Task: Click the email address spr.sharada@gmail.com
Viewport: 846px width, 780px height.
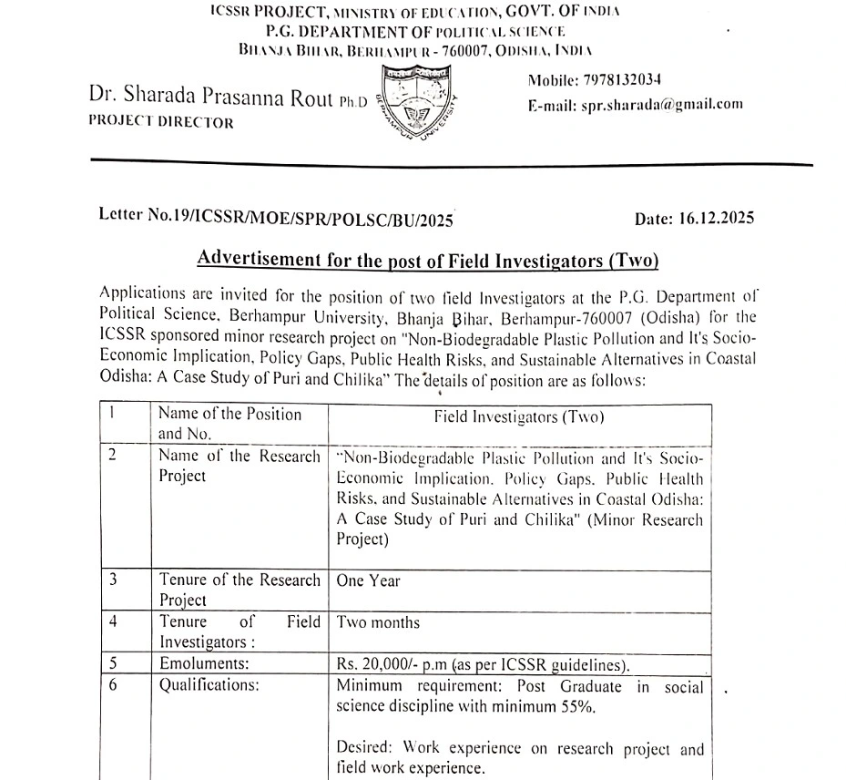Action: point(662,104)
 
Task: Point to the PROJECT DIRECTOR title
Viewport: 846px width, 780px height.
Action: point(161,122)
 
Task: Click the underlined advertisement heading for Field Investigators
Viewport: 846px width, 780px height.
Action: point(427,260)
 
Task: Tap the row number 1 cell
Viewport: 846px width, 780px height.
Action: point(112,414)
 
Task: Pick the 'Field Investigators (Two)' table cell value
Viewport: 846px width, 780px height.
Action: point(518,417)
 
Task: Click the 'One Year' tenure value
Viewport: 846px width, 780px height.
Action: point(368,580)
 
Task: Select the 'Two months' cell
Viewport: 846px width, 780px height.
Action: point(378,622)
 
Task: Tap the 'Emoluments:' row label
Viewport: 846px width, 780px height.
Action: point(200,664)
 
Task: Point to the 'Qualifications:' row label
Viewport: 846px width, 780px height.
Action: point(209,686)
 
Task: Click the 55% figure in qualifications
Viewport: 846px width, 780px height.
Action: point(580,707)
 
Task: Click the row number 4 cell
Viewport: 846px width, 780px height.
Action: point(112,622)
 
